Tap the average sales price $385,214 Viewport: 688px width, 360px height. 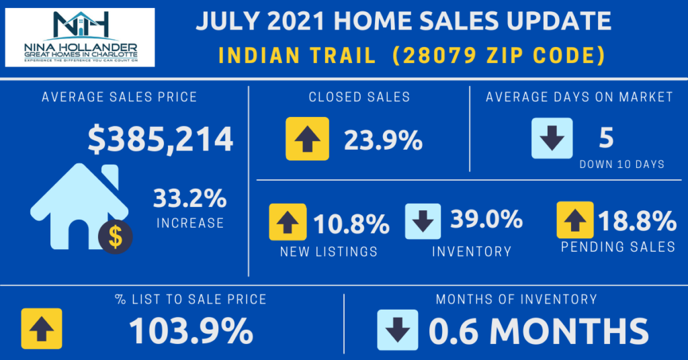[161, 138]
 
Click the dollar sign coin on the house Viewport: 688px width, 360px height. [115, 236]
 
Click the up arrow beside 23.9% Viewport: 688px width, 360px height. [307, 138]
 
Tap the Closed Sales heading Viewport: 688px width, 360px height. [359, 97]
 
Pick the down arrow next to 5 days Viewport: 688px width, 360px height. [552, 138]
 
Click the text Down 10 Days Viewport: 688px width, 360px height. [621, 165]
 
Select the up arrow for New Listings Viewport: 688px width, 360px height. [288, 221]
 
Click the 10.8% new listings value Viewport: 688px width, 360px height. [351, 222]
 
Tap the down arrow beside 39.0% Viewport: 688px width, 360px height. [423, 221]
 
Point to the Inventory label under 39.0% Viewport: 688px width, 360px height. [471, 252]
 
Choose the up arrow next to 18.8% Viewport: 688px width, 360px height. [575, 220]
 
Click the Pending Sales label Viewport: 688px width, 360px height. [618, 247]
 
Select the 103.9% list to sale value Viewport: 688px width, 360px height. [191, 330]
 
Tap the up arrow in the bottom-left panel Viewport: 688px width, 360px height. [42, 328]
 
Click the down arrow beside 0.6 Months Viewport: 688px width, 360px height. [398, 329]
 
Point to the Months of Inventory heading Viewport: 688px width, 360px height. [516, 299]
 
